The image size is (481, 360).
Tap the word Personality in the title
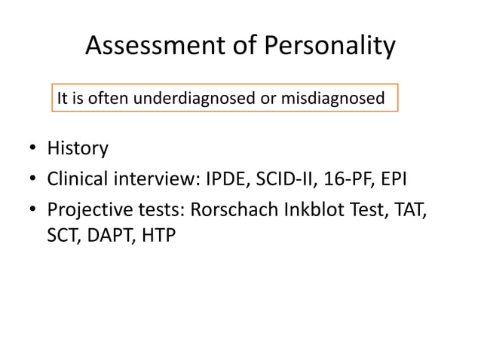coord(329,47)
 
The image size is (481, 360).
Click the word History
coord(78,148)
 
